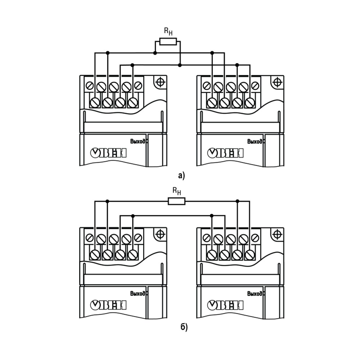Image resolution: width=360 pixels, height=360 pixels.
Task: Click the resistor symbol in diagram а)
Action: coord(168,41)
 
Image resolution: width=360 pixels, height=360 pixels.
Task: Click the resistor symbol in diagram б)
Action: coord(176,201)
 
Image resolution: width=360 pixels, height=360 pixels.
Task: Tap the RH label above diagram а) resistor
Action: coord(168,31)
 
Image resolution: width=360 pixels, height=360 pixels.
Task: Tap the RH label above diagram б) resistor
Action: coord(177,191)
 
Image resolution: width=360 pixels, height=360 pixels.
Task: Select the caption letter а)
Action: coord(181,176)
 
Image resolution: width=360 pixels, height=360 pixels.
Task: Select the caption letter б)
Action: coord(184,327)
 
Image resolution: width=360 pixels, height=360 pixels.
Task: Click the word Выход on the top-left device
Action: coord(138,141)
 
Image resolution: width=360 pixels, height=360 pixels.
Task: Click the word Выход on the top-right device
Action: coord(255,141)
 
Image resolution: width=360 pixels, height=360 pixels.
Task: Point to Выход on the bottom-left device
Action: coord(138,293)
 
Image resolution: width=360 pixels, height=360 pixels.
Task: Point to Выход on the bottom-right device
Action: coord(255,293)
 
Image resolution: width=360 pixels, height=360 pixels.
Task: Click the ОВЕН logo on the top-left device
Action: coord(108,153)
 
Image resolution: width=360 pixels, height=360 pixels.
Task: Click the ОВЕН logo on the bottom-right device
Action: coord(225,305)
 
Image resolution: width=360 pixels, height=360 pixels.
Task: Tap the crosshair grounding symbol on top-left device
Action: coord(160,82)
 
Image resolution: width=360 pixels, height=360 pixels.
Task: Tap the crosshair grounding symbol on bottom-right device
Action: coord(277,234)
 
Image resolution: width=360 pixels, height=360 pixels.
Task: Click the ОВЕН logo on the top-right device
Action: coord(225,153)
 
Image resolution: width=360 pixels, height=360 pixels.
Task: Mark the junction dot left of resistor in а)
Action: coord(155,53)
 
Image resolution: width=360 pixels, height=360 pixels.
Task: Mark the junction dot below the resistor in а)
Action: coord(180,65)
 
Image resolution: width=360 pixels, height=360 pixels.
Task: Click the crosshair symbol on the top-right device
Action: coord(277,82)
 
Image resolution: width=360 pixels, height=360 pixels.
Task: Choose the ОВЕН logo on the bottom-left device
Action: coord(108,305)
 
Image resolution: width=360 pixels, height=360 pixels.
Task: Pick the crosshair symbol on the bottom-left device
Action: coord(160,234)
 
